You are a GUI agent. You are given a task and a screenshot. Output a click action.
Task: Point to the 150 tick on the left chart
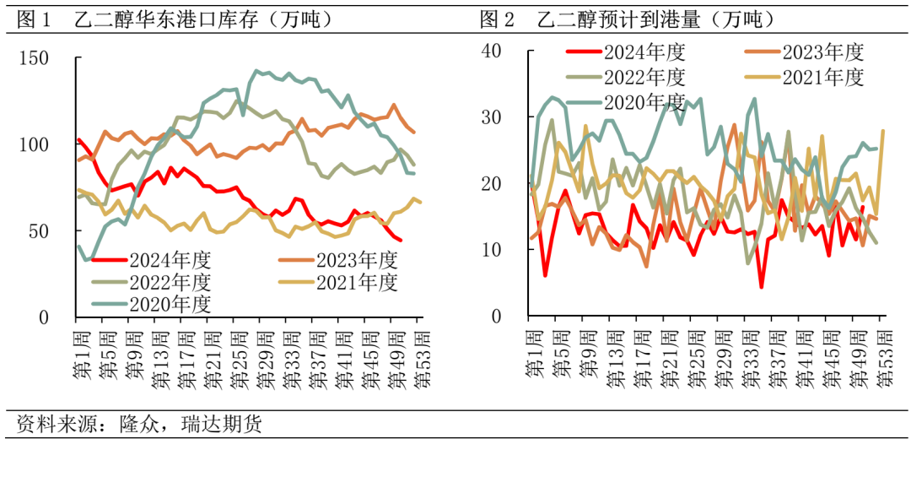(35, 58)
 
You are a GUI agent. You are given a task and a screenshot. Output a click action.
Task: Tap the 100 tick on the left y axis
(35, 144)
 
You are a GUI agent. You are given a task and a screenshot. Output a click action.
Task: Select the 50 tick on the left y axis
(40, 230)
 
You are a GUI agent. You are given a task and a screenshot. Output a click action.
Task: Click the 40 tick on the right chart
(490, 51)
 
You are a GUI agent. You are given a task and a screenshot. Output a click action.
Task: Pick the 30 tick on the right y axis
(490, 117)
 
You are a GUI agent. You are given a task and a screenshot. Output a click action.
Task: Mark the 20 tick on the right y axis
(490, 183)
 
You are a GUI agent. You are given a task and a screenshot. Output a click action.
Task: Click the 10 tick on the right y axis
(490, 250)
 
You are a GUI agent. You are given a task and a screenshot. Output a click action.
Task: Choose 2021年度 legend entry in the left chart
(355, 282)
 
